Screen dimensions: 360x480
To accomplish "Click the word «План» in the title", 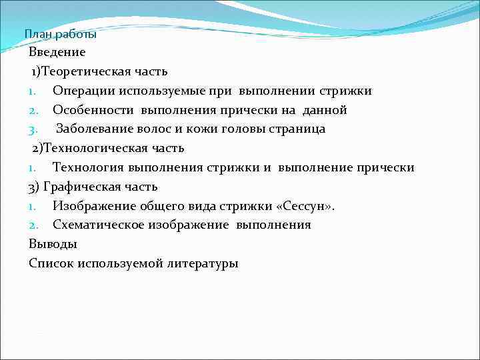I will click(35, 34).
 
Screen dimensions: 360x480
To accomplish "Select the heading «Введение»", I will click(57, 51).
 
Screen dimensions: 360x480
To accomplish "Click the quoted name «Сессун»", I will click(305, 206).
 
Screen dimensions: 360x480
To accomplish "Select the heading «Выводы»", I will click(53, 244).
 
